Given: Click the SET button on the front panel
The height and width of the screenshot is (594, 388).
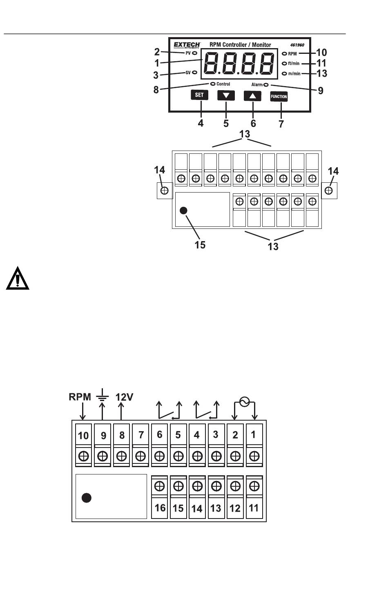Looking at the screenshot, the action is click(x=199, y=95).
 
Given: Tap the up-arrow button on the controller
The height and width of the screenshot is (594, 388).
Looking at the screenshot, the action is click(x=252, y=96).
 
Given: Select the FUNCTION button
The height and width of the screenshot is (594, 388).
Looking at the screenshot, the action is click(x=279, y=97).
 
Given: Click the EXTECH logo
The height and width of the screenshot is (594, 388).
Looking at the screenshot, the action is click(x=187, y=45).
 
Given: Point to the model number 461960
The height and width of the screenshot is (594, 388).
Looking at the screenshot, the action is click(x=297, y=45).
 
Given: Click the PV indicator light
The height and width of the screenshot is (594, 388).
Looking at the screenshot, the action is click(x=194, y=53).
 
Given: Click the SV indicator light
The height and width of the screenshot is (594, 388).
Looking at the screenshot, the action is click(x=194, y=72).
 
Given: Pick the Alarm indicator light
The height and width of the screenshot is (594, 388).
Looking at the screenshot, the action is click(x=266, y=84).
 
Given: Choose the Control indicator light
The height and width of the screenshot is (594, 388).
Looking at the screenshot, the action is click(x=213, y=84).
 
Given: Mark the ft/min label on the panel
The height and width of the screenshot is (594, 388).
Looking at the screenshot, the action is click(x=294, y=63).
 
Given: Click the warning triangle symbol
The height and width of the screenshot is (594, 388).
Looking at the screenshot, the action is click(x=18, y=278).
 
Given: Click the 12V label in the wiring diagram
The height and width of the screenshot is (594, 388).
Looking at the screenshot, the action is click(x=124, y=397).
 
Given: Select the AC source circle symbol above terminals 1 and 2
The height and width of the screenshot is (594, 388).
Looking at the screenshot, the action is click(x=244, y=402).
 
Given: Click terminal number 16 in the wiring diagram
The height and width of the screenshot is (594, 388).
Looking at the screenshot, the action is click(x=160, y=508).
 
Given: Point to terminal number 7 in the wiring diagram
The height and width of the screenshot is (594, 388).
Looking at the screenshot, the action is click(x=141, y=435).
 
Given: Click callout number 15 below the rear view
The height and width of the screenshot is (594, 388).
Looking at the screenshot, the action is click(x=200, y=245).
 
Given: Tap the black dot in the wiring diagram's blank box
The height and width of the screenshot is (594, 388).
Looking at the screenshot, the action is click(x=87, y=498).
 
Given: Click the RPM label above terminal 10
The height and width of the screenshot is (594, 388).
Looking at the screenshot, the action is click(x=80, y=397).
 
